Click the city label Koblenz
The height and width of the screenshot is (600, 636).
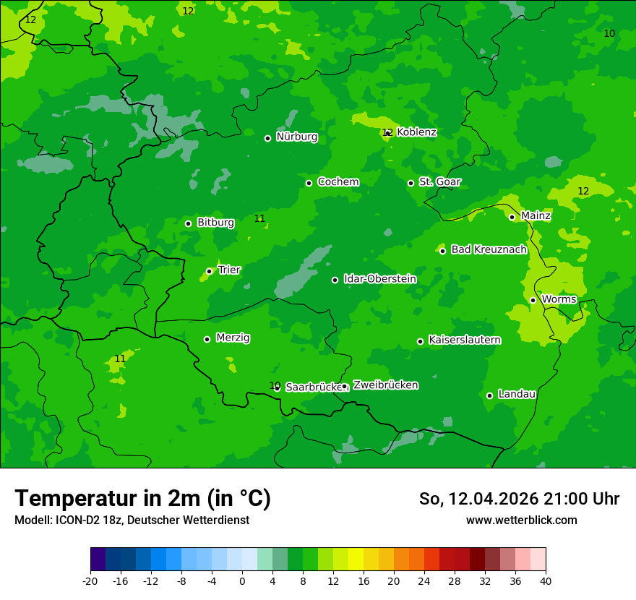(x=417, y=132)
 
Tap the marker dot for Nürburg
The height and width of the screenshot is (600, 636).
(x=267, y=138)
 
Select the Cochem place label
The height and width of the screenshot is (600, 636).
(x=338, y=182)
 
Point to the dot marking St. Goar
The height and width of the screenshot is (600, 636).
(x=411, y=183)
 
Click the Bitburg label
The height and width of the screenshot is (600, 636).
(x=215, y=223)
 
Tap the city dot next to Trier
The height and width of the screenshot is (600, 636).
(x=209, y=271)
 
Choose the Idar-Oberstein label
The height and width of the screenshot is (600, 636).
(x=379, y=279)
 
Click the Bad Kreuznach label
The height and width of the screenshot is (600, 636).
(x=489, y=249)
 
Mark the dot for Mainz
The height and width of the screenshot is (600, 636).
(x=512, y=217)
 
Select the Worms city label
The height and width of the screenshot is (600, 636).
(x=558, y=299)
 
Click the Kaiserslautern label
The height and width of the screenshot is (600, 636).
(x=465, y=340)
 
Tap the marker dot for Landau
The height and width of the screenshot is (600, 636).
(x=489, y=395)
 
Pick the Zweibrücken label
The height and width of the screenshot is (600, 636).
(x=385, y=385)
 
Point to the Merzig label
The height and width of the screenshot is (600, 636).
(x=233, y=338)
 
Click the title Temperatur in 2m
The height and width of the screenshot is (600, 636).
(x=142, y=499)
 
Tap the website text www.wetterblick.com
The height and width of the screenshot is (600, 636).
(x=521, y=520)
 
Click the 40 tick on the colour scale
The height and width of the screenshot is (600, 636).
(x=546, y=581)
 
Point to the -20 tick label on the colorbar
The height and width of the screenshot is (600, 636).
(x=90, y=581)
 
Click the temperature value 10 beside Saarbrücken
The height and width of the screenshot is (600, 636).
(x=275, y=385)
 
